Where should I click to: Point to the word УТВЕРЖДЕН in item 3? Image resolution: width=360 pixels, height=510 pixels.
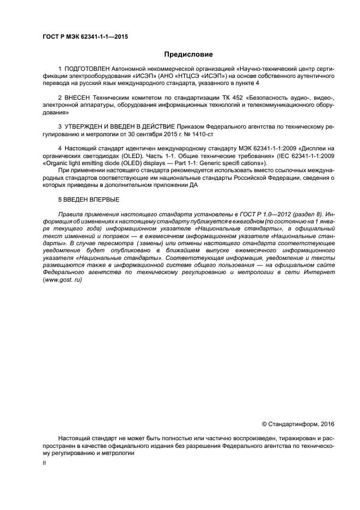click(x=88, y=126)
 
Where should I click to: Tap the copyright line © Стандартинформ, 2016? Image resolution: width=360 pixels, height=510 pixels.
click(x=298, y=424)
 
